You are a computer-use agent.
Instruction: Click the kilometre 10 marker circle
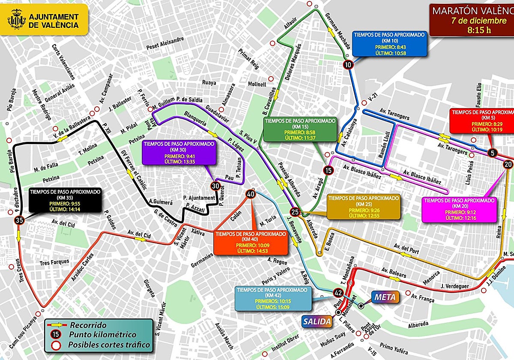tap(348, 65)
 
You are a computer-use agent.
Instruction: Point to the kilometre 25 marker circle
tap(295, 212)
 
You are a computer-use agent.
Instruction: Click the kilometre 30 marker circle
tap(215, 186)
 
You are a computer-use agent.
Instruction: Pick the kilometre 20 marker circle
tap(508, 164)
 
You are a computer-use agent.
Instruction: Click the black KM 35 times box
tap(66, 200)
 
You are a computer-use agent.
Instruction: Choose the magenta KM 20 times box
tap(459, 209)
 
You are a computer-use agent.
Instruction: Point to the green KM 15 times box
tap(300, 130)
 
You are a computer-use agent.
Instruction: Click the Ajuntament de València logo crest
tap(17, 21)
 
